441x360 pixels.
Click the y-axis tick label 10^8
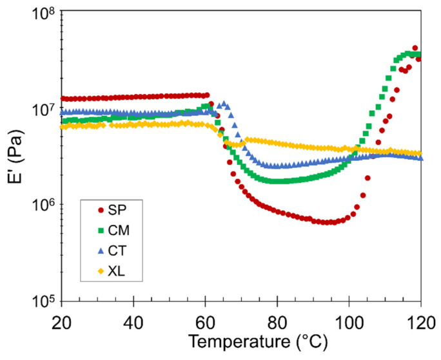40,15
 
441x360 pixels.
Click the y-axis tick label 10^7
40,110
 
